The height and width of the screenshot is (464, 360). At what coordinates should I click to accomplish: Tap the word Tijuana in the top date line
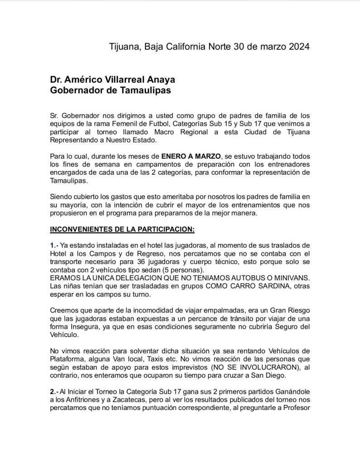[x=125, y=47]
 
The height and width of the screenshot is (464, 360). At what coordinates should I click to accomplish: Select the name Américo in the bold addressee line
[x=83, y=79]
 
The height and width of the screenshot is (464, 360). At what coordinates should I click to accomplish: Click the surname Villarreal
[x=125, y=79]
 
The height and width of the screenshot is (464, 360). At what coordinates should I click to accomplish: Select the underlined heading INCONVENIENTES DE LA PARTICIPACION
[x=122, y=230]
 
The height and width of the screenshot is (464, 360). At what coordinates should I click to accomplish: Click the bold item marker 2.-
[x=54, y=391]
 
